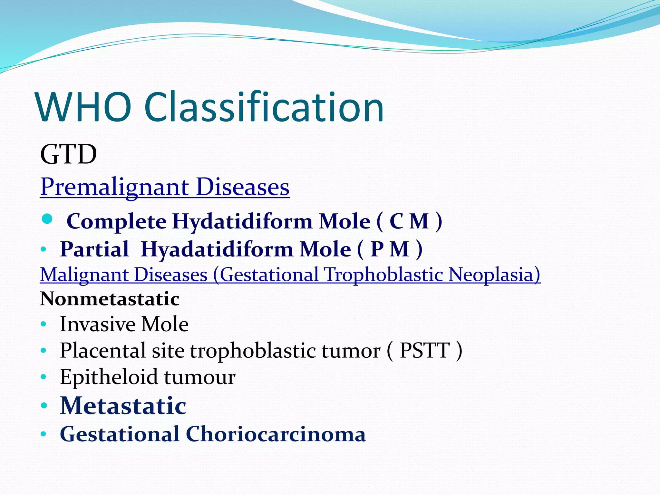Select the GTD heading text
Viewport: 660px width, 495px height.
point(68,154)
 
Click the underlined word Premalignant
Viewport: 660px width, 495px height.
point(115,187)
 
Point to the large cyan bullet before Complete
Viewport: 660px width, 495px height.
point(47,219)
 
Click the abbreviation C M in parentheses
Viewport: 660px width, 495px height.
point(409,222)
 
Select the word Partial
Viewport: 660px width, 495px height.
point(94,249)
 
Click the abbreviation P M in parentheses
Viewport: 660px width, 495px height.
point(390,249)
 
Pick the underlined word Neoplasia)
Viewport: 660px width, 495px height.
point(494,275)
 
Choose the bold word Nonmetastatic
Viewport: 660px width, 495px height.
point(110,299)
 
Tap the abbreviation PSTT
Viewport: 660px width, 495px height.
point(424,351)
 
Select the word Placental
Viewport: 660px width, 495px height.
point(102,351)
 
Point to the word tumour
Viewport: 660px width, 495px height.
point(200,377)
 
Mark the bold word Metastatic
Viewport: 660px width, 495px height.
point(123,406)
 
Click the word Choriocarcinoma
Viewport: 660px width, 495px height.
point(276,434)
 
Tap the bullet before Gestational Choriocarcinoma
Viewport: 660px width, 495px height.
point(44,435)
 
